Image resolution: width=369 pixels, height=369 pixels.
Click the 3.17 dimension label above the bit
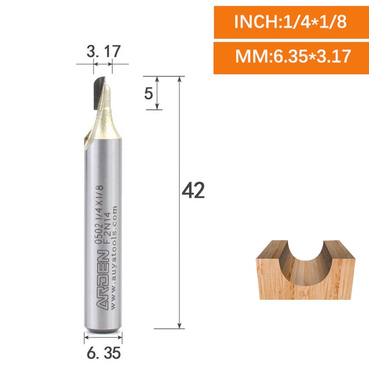pos(104,51)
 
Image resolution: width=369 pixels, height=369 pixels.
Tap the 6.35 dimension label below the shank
pos(104,353)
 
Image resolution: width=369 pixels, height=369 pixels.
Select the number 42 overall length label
pos(193,190)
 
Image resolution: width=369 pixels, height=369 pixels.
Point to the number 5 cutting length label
pos(149,93)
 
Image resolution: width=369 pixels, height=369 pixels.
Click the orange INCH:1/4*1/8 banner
pos(291,22)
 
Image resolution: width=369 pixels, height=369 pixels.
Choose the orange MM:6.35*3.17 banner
pos(291,58)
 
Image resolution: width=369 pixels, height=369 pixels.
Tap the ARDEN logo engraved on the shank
pos(103,280)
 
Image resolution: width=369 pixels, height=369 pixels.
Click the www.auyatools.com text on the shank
pos(114,258)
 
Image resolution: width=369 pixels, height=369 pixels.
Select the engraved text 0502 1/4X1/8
pos(99,214)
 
